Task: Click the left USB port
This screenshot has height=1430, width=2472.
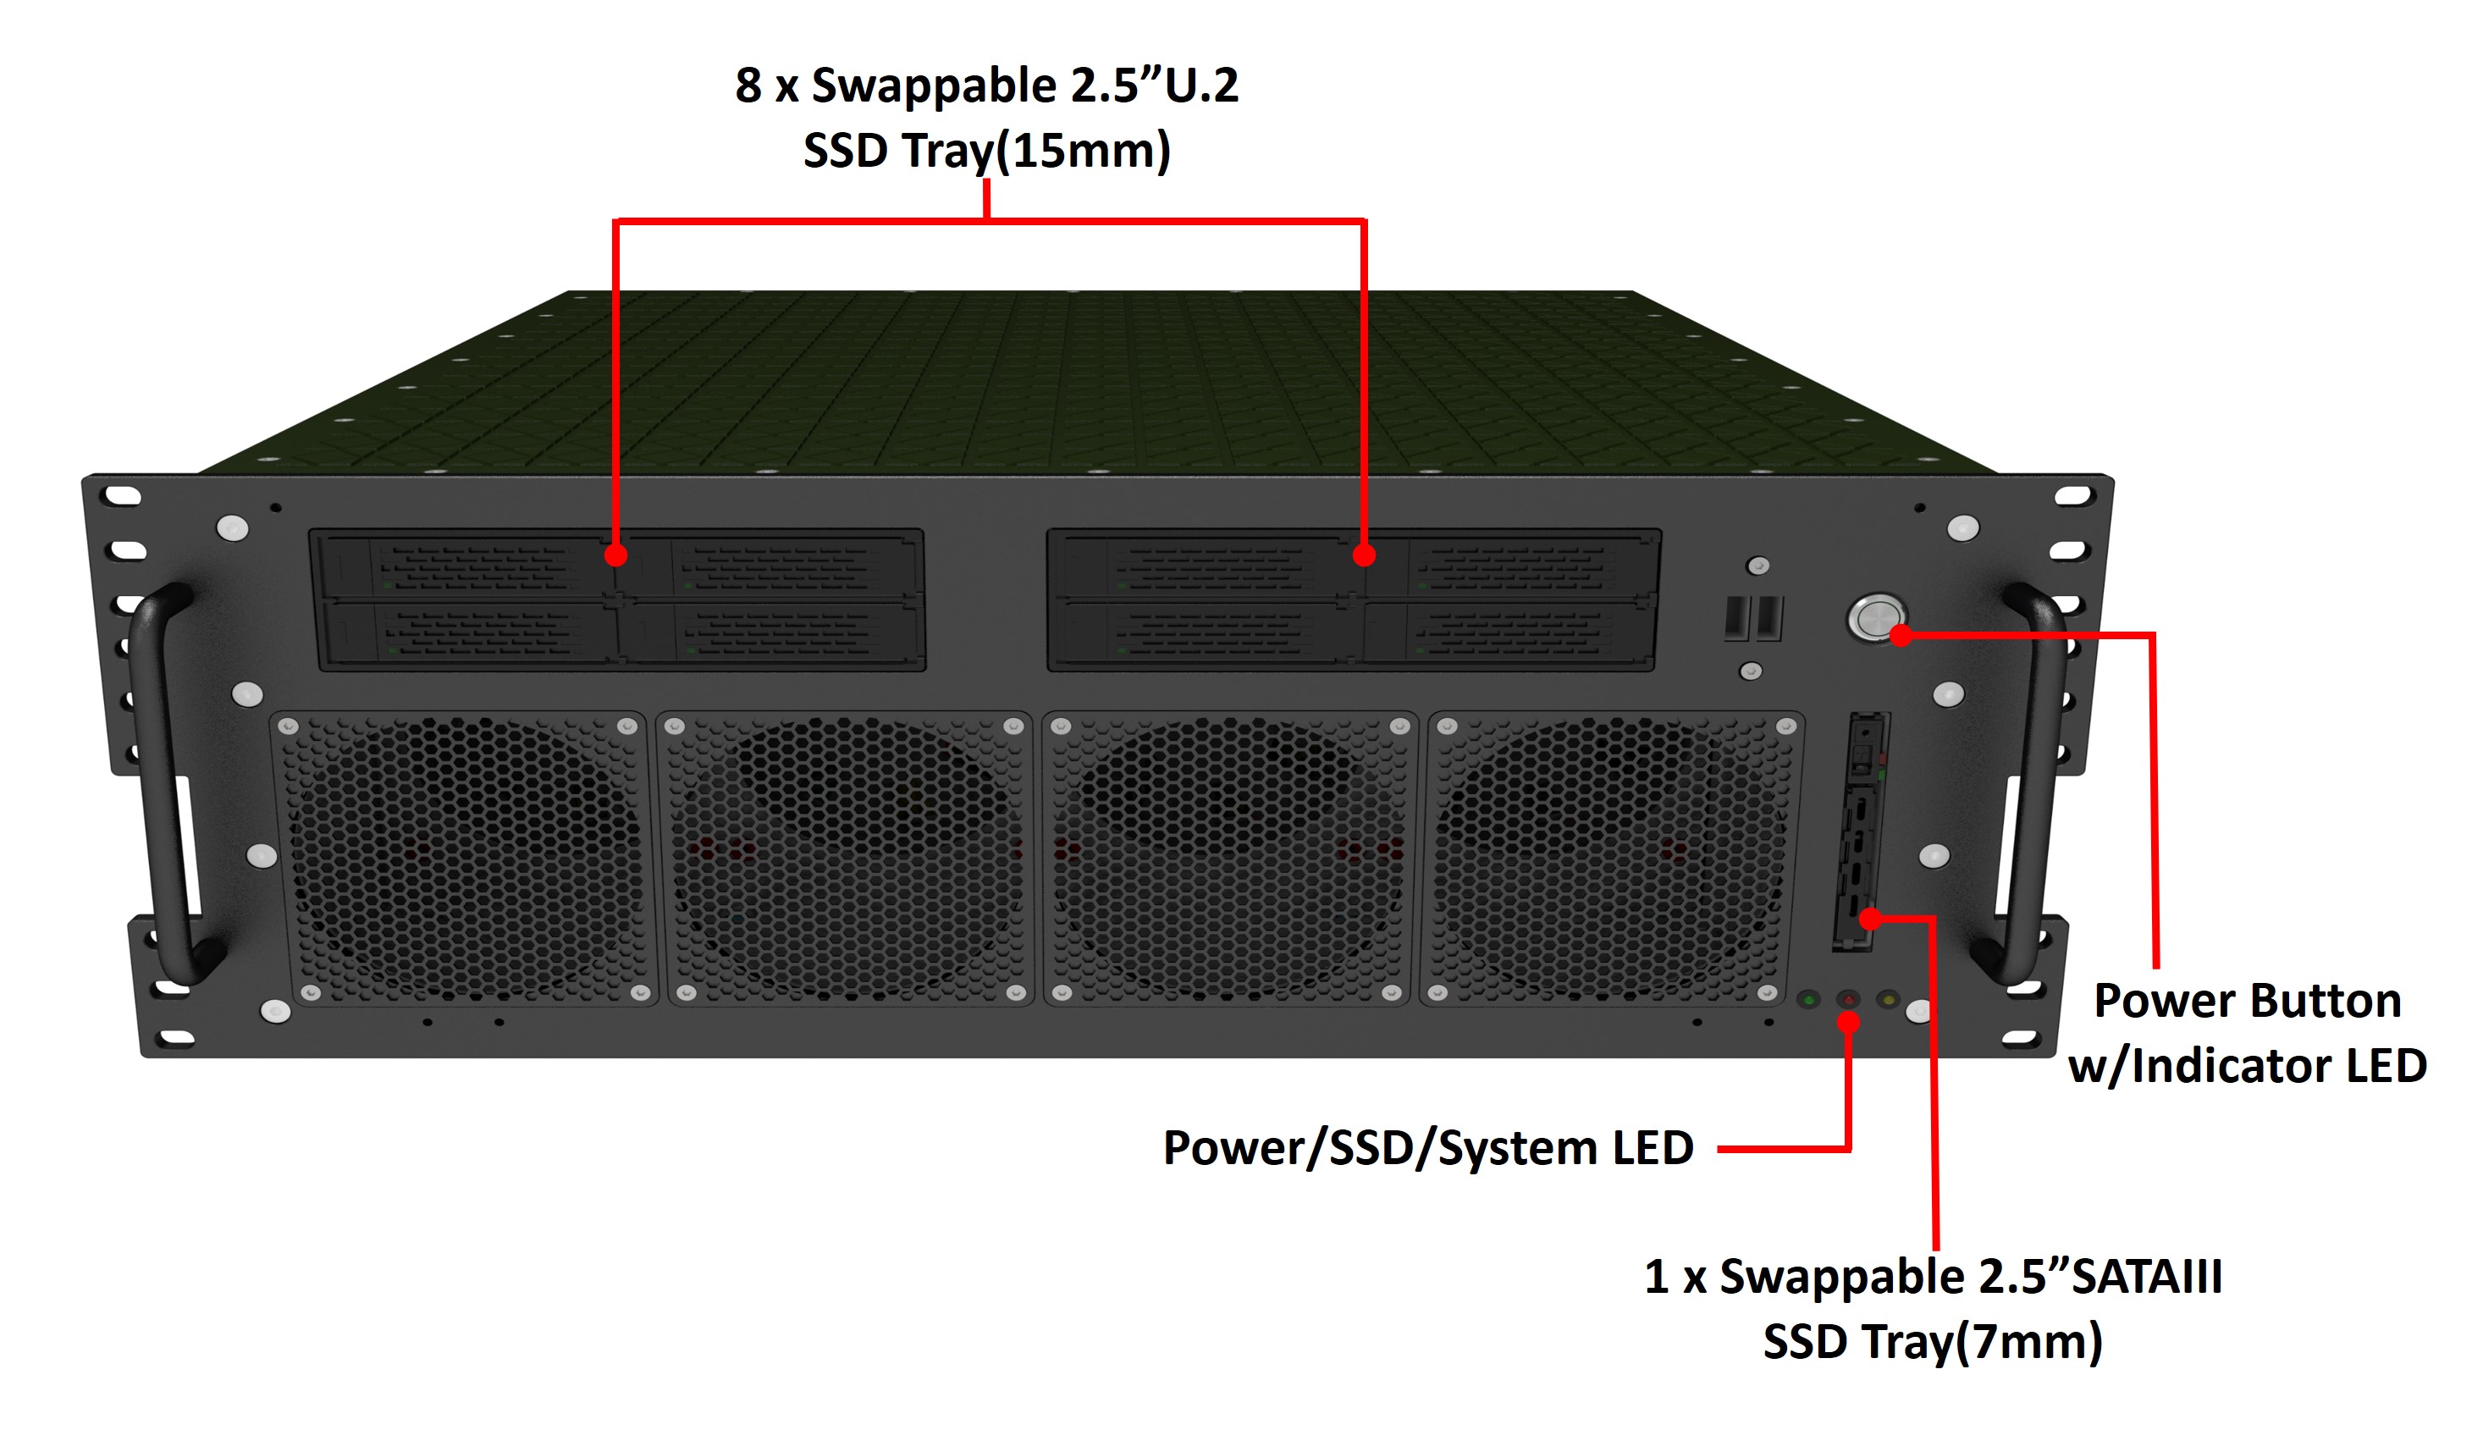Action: coord(1736,618)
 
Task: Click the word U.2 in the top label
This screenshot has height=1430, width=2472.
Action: coord(1200,86)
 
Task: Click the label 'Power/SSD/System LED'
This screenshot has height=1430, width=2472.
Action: coord(1427,1147)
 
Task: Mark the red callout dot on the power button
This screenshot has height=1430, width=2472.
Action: coord(1901,636)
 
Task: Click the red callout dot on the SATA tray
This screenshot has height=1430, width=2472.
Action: coord(1871,919)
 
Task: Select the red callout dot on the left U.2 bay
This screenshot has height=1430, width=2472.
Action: coord(615,555)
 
